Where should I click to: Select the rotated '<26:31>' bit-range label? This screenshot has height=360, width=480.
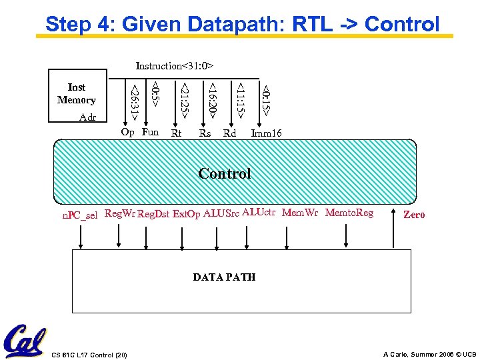coord(135,102)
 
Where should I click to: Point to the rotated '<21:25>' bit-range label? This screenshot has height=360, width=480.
coord(185,101)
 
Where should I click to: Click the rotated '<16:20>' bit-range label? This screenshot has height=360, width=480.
coord(212,101)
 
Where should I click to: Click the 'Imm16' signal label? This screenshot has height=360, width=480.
coord(266,133)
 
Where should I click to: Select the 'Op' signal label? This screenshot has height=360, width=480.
coord(127,132)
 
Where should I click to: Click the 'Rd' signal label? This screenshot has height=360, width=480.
coord(229,133)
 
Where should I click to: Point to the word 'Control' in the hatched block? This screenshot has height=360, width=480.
coord(225,174)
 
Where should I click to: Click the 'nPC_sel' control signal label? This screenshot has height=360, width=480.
coord(80,215)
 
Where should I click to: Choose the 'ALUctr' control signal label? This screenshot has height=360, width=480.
coord(259,213)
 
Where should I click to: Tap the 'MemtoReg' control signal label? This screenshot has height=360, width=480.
coord(349,213)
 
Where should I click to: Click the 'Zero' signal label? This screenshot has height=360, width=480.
coord(414,215)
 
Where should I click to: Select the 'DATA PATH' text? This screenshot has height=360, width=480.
coord(224,277)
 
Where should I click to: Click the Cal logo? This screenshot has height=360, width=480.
coord(24,341)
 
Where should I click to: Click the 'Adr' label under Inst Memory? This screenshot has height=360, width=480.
coord(87,117)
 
